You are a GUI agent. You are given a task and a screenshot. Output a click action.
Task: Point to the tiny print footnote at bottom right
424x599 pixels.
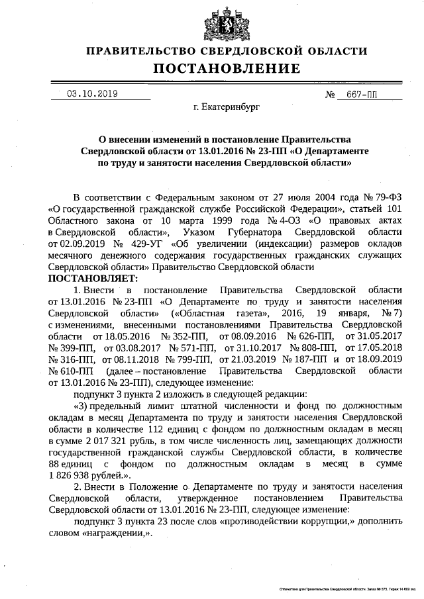tap(348, 588)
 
